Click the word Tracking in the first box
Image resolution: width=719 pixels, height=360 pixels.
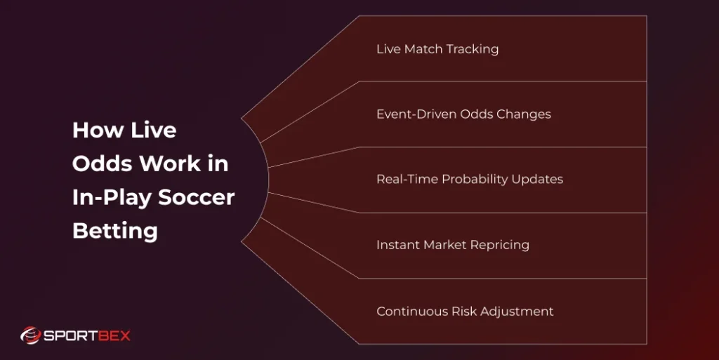point(473,49)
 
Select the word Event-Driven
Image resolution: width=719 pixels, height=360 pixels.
point(416,114)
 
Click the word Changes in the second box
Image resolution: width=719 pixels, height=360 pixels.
point(523,114)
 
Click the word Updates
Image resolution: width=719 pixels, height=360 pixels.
point(536,179)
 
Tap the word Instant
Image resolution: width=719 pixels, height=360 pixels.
point(397,245)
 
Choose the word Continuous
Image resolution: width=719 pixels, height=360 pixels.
point(409,311)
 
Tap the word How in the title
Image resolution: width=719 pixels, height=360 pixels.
point(94,131)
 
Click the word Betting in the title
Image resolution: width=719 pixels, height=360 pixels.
point(114,231)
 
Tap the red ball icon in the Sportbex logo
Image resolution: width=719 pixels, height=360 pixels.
point(30,335)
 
